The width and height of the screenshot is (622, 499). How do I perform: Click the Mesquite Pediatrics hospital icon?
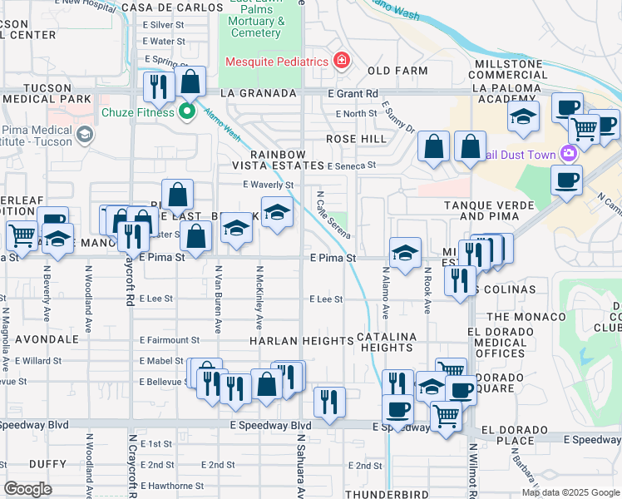pos(340,61)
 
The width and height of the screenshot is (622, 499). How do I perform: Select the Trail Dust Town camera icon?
pos(569,153)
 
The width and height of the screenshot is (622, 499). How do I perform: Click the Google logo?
pos(28,489)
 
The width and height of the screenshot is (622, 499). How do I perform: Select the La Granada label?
pos(258,93)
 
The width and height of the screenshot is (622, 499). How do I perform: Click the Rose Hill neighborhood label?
pos(356,139)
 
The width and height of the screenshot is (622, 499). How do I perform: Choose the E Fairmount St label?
pos(170,340)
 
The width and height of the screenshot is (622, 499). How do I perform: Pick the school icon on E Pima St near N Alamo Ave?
pos(405,253)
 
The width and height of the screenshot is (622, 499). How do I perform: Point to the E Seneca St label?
pos(352,166)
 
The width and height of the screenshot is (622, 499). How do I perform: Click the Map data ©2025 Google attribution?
pos(570,492)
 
